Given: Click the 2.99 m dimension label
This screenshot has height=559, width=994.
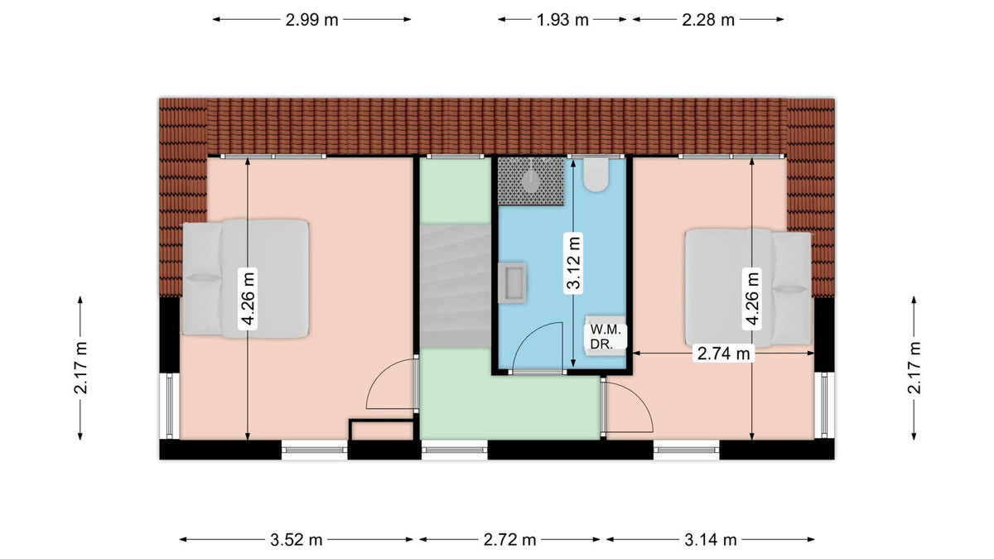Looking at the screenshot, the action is [x=311, y=20].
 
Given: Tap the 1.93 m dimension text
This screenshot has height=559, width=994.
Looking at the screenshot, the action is [x=562, y=20].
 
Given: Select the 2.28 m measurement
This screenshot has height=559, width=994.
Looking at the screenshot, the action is [x=708, y=20].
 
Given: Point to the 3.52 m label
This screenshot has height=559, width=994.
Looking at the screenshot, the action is [x=296, y=540].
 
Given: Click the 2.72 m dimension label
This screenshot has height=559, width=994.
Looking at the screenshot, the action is [x=510, y=540].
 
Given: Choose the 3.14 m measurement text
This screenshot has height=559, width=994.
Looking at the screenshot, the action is [x=711, y=540].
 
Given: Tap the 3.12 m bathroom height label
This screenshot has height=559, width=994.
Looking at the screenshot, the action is [x=574, y=263].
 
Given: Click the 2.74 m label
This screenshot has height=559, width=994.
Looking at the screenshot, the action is [x=723, y=354].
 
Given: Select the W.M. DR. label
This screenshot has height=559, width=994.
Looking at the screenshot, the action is [x=603, y=337].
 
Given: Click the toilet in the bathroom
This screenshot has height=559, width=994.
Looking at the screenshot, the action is [x=596, y=175].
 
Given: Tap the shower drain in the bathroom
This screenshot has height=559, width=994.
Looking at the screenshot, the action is [x=531, y=181].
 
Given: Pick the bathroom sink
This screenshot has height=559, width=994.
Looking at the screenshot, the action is [x=513, y=282].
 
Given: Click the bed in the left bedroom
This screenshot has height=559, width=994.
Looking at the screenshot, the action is [x=245, y=278].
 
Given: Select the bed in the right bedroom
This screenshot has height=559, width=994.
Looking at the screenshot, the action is [x=748, y=287].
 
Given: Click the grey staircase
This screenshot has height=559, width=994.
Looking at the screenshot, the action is [x=456, y=287].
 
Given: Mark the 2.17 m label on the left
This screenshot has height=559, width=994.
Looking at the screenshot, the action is [x=81, y=368].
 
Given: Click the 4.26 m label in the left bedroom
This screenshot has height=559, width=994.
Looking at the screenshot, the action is [x=248, y=299].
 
